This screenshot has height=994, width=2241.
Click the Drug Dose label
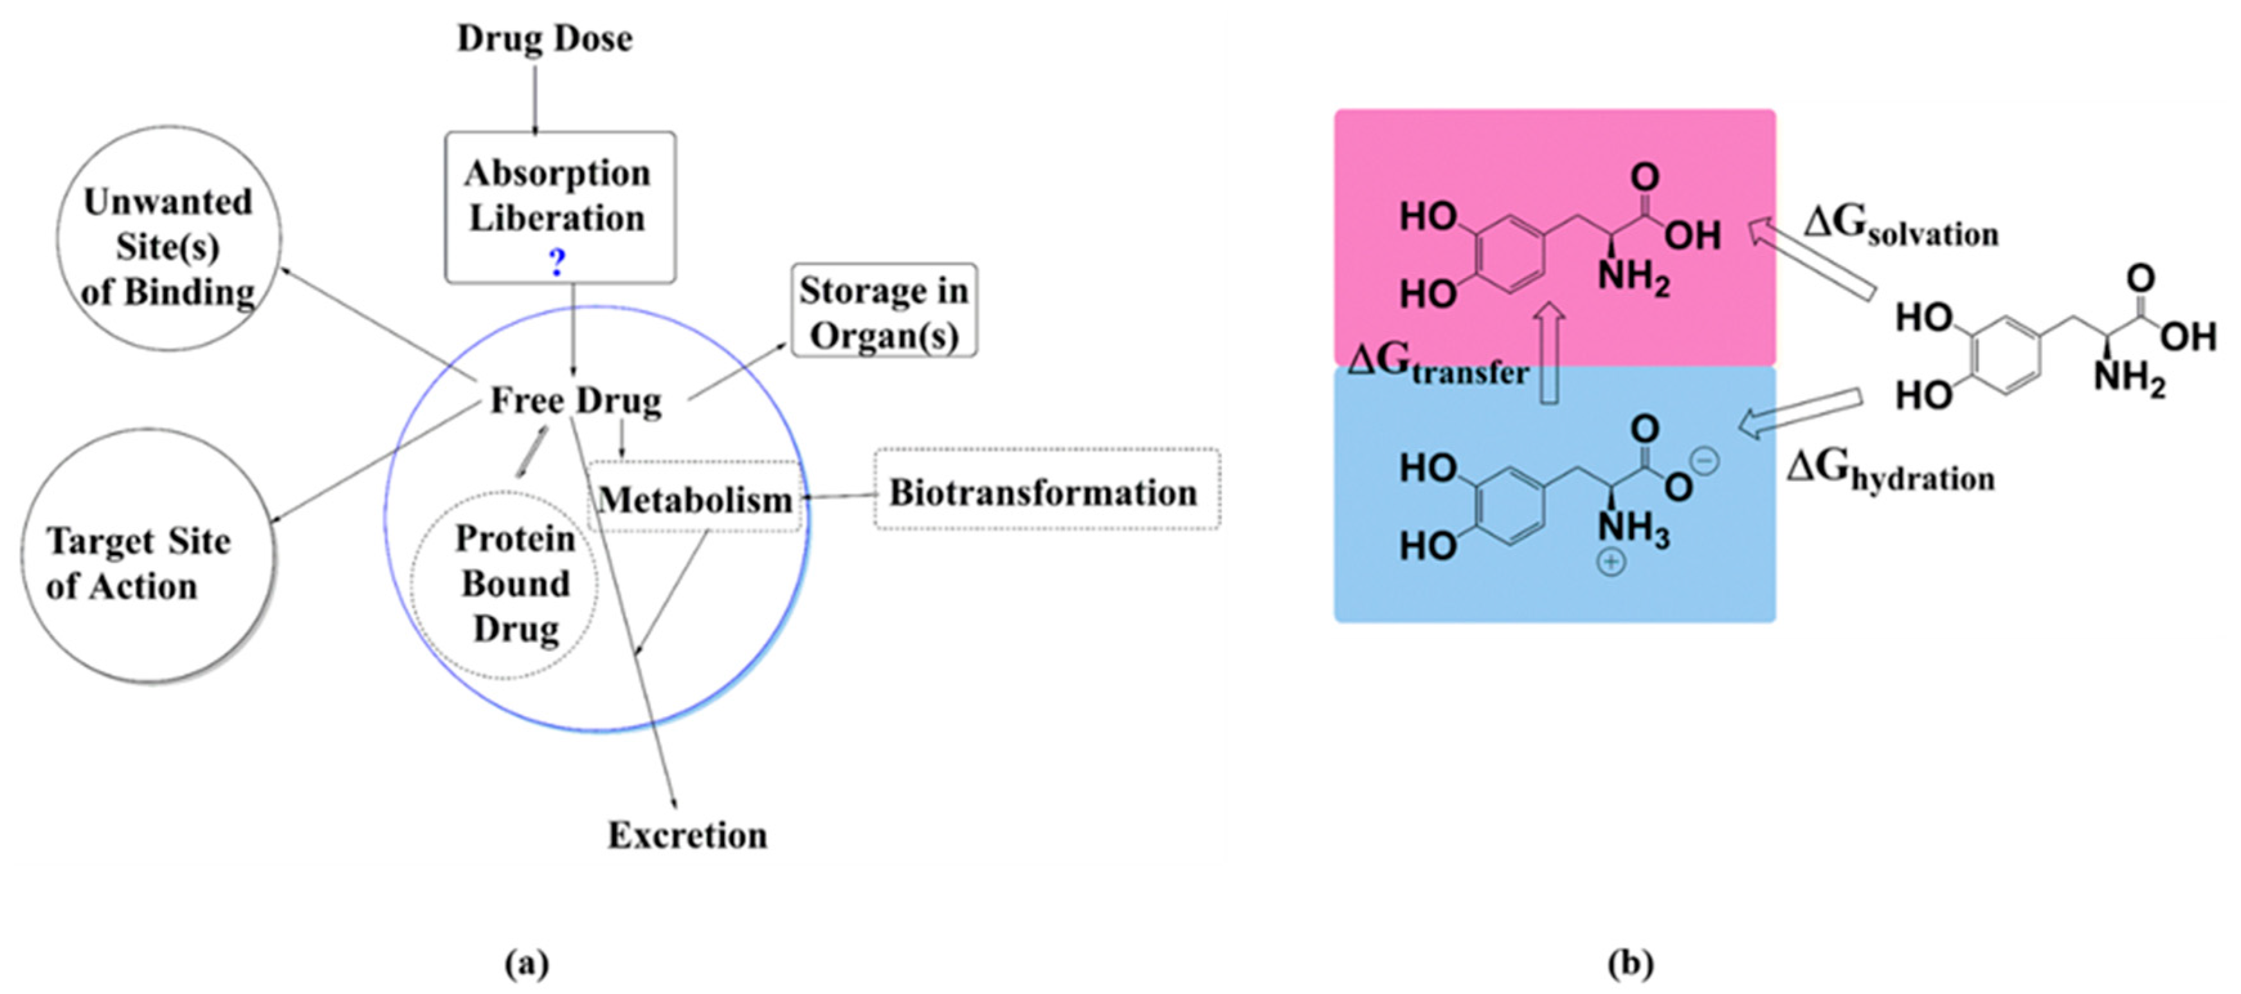tap(545, 39)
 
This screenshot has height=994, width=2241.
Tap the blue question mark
tap(558, 261)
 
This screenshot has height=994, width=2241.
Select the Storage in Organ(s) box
tap(884, 311)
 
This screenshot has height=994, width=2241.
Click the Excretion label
tap(687, 836)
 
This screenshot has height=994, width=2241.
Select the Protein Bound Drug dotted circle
tap(505, 585)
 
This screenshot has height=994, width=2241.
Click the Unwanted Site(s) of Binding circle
tap(168, 239)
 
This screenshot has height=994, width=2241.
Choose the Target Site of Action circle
tap(145, 557)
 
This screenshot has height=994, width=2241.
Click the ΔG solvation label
tap(1901, 227)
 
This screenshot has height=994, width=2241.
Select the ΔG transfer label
tap(1437, 365)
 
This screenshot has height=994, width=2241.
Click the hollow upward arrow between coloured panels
tap(1549, 354)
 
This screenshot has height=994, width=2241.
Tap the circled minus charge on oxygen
tap(1705, 461)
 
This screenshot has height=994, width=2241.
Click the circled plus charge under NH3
tap(1610, 563)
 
